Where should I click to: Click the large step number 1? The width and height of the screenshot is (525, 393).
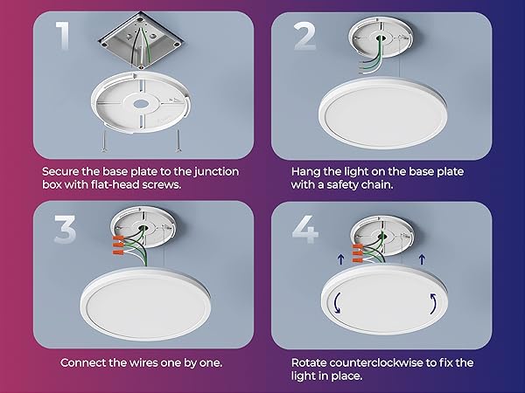pos(63,36)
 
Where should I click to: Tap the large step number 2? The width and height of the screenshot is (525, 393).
pos(305,37)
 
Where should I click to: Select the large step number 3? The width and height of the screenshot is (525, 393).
pos(65,229)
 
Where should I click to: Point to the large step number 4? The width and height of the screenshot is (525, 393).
pos(305,229)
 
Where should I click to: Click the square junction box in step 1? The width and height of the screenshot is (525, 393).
pos(141,40)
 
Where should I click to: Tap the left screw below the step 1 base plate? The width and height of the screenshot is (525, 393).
pos(104,141)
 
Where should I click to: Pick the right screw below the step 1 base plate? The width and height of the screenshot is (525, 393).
pos(178,141)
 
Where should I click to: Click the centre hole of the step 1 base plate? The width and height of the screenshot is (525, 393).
pos(140,104)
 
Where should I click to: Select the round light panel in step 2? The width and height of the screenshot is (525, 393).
pos(382,114)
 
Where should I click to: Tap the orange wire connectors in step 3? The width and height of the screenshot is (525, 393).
pos(119,245)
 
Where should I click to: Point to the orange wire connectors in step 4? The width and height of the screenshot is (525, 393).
pos(357,253)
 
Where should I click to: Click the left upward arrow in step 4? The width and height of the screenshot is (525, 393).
pos(340,259)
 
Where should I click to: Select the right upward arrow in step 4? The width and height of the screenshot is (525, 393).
pos(422,259)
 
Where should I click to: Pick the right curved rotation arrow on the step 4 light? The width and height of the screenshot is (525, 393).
pos(433,303)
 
